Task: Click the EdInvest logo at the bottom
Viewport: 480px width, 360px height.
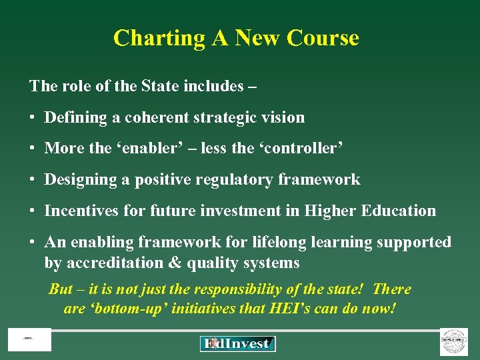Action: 237,343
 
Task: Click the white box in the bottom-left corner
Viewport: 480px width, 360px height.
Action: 29,340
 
